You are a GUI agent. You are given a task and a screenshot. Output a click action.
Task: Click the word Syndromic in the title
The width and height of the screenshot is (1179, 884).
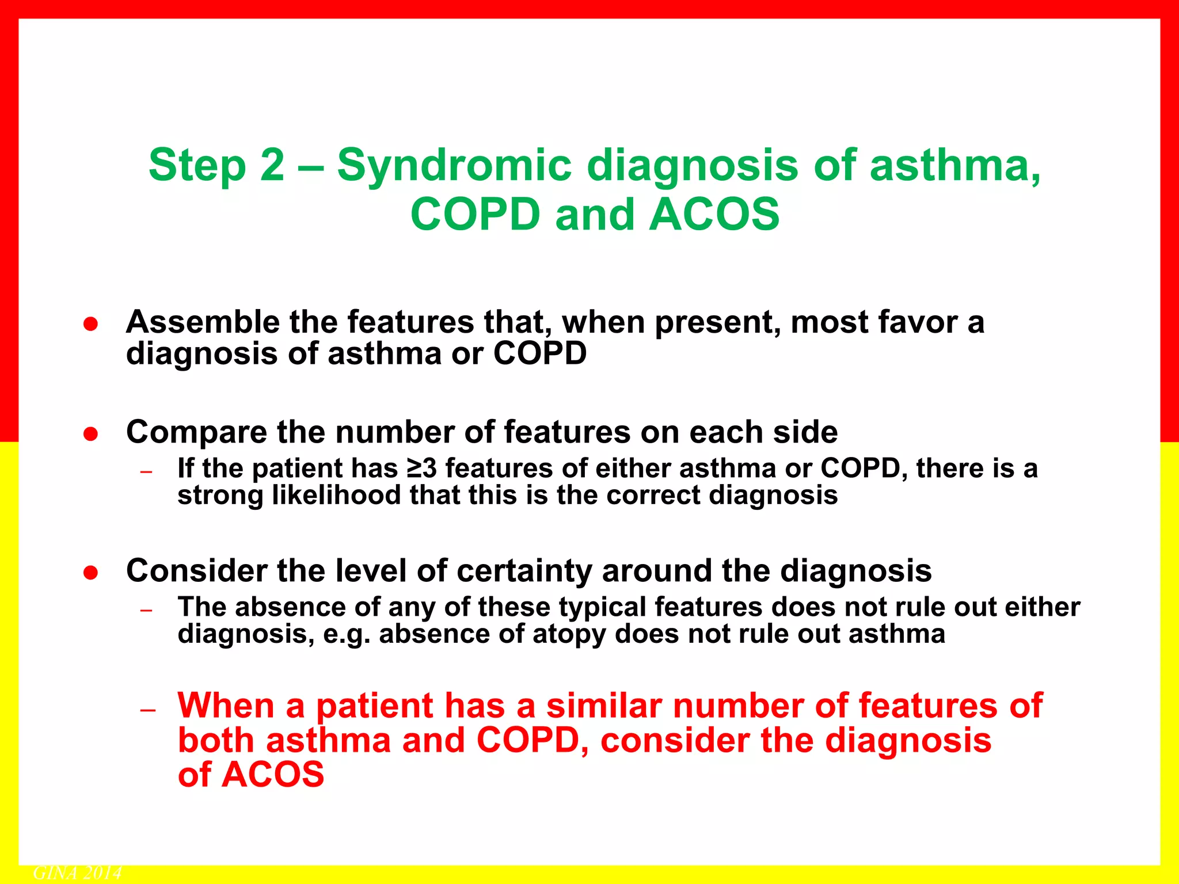(x=454, y=166)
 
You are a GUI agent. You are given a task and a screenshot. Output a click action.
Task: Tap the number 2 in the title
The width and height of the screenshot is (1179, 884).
(x=272, y=165)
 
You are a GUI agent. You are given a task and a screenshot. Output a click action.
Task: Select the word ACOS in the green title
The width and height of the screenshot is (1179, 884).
(x=714, y=215)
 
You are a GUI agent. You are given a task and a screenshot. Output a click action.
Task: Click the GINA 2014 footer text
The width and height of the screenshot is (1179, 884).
(x=77, y=873)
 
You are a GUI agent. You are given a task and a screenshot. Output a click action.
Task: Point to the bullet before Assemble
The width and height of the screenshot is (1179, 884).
(x=90, y=324)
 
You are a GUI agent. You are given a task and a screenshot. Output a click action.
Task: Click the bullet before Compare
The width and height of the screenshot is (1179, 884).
(x=90, y=434)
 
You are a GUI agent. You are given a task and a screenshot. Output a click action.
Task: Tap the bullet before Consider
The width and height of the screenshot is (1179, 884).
(x=90, y=573)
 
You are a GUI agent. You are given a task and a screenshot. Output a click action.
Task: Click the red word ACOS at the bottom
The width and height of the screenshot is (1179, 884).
(x=273, y=774)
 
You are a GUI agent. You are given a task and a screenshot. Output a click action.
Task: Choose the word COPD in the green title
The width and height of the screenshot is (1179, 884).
(x=475, y=215)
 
